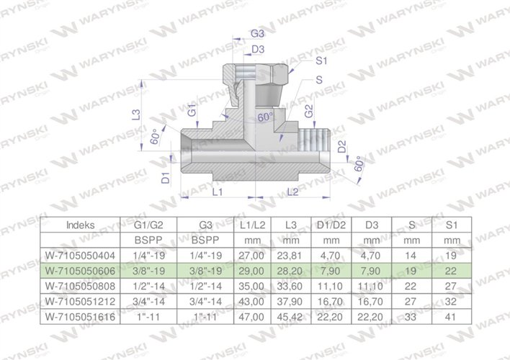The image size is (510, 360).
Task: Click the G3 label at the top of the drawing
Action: pyautogui.click(x=256, y=35)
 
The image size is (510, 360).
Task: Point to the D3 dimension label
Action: pyautogui.click(x=256, y=49)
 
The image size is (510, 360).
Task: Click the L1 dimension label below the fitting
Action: pyautogui.click(x=218, y=192)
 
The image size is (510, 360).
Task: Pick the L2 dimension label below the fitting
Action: pyautogui.click(x=292, y=192)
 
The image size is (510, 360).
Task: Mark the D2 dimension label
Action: pyautogui.click(x=341, y=148)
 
